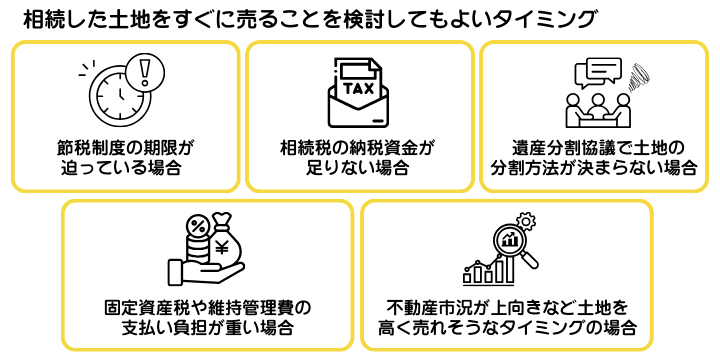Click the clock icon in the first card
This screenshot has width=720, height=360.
[118, 97]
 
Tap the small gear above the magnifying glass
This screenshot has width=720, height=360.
[531, 219]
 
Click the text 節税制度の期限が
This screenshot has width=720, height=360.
[124, 147]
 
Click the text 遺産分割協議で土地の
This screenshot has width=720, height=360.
[594, 147]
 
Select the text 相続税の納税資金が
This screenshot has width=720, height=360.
[358, 147]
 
